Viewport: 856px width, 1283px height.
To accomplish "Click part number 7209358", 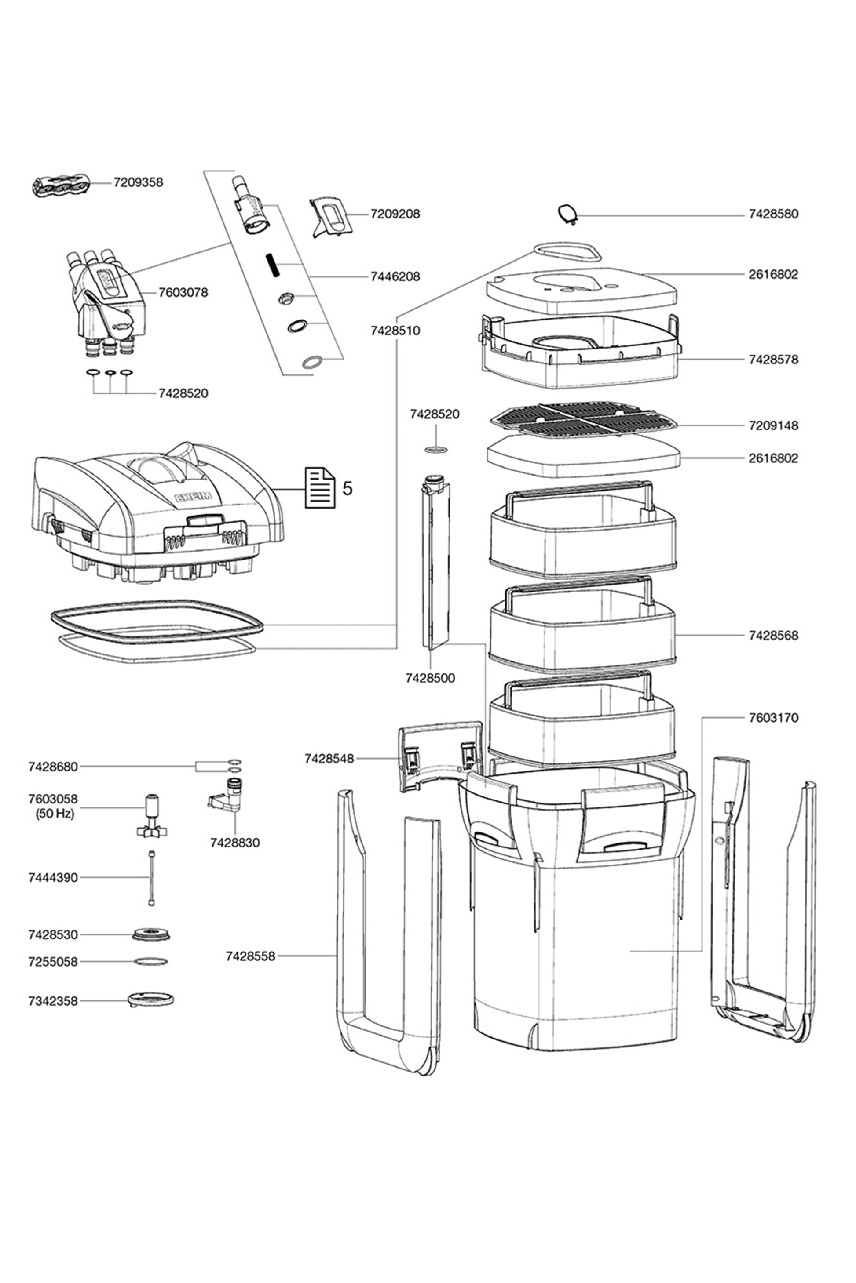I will point(138,182).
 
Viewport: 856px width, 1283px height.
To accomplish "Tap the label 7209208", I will point(395,214).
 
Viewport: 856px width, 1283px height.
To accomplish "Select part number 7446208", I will point(395,276).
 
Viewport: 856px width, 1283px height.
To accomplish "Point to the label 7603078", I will point(183,292).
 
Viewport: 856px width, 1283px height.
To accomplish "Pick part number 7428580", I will point(773,214).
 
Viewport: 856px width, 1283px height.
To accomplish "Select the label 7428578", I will point(773,360).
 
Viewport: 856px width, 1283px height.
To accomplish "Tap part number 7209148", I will point(773,425).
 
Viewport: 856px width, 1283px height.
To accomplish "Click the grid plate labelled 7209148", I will point(584,421).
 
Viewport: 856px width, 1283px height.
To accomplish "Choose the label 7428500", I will point(430,678).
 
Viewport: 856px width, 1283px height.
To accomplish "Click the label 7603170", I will point(773,717).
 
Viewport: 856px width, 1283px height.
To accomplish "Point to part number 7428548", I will point(329,758).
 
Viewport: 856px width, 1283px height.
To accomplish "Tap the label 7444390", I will point(53,878).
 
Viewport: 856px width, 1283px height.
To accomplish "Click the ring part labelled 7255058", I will point(151,961).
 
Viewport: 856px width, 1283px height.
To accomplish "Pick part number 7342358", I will point(53,1001).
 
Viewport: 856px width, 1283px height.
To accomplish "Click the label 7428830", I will point(235,843).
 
